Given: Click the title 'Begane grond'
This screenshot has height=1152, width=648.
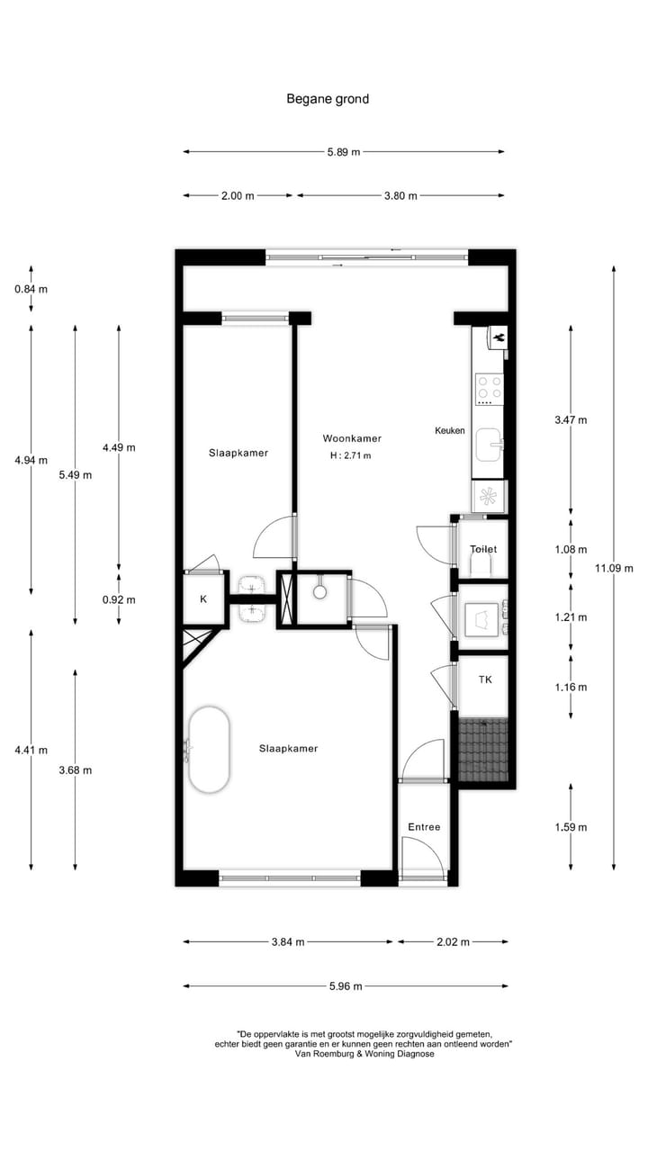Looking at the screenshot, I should coord(328,99).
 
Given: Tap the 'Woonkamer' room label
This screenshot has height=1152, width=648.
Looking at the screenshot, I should coord(352,439).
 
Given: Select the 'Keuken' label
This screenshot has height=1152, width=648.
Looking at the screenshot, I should coord(450,431).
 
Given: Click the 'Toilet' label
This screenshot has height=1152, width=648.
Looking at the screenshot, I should coord(483,549).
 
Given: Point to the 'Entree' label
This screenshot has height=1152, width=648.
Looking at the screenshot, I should coord(424,827).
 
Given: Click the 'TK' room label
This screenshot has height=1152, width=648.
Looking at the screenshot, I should coord(485,680).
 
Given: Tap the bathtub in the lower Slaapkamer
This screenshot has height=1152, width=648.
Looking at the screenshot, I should coord(209,750).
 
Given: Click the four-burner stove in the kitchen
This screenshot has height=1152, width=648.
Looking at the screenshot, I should coord(490,388).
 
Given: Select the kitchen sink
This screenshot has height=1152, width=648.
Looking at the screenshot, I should coord(489,444).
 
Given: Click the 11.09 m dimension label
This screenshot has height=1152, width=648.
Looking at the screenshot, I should coord(614,568).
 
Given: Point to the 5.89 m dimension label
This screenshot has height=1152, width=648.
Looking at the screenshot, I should coord(343,152).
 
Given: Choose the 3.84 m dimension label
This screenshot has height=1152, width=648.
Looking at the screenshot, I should coord(288,942).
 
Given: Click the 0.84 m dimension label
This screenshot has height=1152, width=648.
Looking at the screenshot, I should coord(31,289).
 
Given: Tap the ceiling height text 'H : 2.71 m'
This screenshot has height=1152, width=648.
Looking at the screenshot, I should coord(351,456).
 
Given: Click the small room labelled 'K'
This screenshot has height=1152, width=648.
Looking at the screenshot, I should coord(203,599).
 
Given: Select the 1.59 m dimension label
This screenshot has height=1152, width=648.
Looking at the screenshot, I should coord(571,827).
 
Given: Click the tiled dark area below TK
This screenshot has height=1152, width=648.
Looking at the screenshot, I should coord(483,749).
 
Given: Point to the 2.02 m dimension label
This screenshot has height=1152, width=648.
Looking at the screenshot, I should coord(452,942).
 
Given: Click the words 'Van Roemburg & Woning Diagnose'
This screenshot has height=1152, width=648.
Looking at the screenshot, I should coord(364,1054).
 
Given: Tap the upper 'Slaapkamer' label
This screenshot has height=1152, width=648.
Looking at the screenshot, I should coord(238,453).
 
